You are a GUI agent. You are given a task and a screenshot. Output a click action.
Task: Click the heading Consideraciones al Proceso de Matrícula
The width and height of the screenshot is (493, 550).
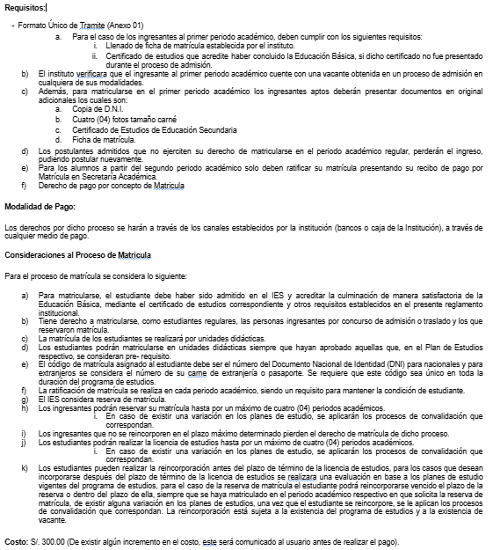pos(78,253)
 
